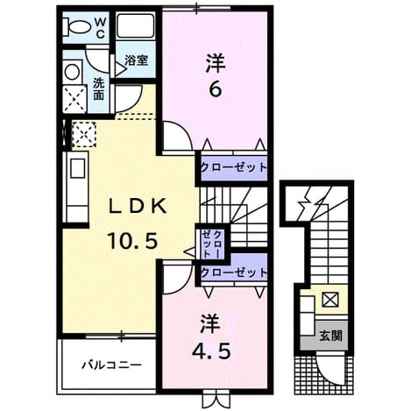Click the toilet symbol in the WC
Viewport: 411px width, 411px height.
click(77, 27)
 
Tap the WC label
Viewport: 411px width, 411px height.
click(100, 28)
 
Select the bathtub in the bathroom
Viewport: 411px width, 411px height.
click(135, 25)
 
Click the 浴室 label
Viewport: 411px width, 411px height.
click(136, 60)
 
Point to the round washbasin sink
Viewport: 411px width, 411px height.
click(72, 72)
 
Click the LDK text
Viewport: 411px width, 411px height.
click(138, 206)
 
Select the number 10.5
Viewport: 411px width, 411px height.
click(133, 240)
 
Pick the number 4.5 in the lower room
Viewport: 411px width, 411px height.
click(211, 351)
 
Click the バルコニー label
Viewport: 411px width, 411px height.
click(111, 365)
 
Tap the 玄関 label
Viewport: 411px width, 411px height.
click(330, 336)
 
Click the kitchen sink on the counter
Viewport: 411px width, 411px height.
click(77, 168)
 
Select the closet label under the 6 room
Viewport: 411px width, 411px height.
click(234, 167)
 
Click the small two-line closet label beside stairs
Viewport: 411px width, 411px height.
click(212, 244)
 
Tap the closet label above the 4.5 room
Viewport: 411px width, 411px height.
click(234, 273)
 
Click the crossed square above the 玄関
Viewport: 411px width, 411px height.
click(330, 299)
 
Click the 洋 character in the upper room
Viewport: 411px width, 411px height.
click(216, 63)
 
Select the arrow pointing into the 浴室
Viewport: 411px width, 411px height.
click(121, 69)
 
